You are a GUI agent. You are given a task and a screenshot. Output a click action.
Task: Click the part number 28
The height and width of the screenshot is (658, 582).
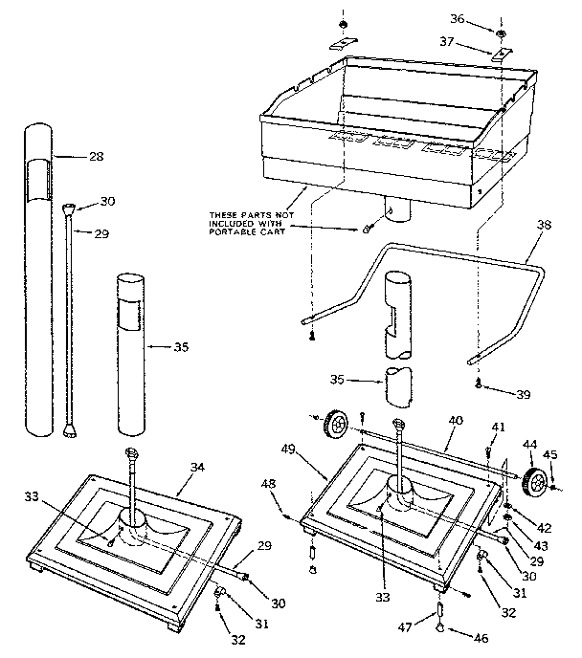point(95,156)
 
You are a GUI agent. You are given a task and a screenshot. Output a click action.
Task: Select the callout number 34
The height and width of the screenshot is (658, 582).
point(198,467)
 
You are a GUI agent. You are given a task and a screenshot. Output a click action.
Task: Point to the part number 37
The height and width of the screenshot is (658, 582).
point(483,41)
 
